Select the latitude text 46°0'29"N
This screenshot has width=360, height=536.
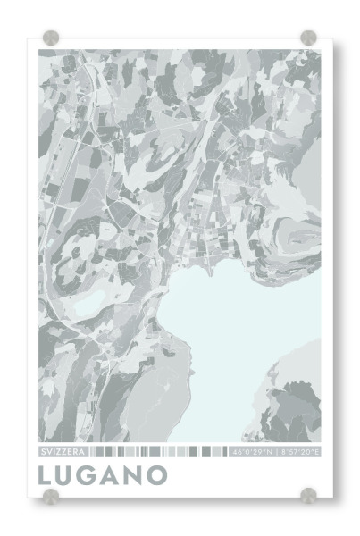[x=251, y=452]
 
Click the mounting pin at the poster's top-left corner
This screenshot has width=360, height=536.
[x=51, y=38]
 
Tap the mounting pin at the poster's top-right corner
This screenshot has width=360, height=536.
[x=308, y=38]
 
